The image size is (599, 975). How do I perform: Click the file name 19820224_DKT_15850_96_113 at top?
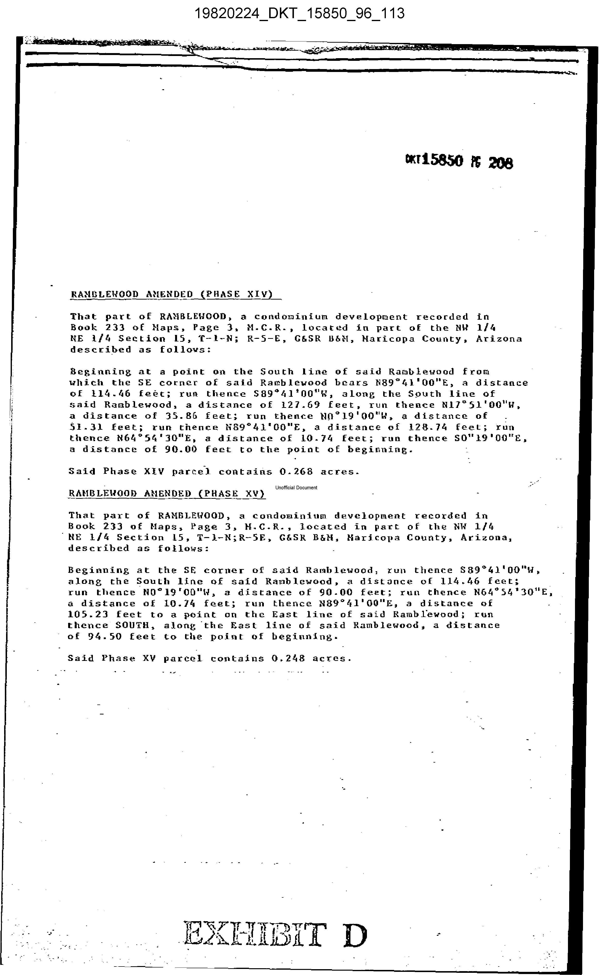299,14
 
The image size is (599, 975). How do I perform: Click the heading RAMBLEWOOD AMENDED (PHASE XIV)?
172,294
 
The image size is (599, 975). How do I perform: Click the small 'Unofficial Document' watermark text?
296,488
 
